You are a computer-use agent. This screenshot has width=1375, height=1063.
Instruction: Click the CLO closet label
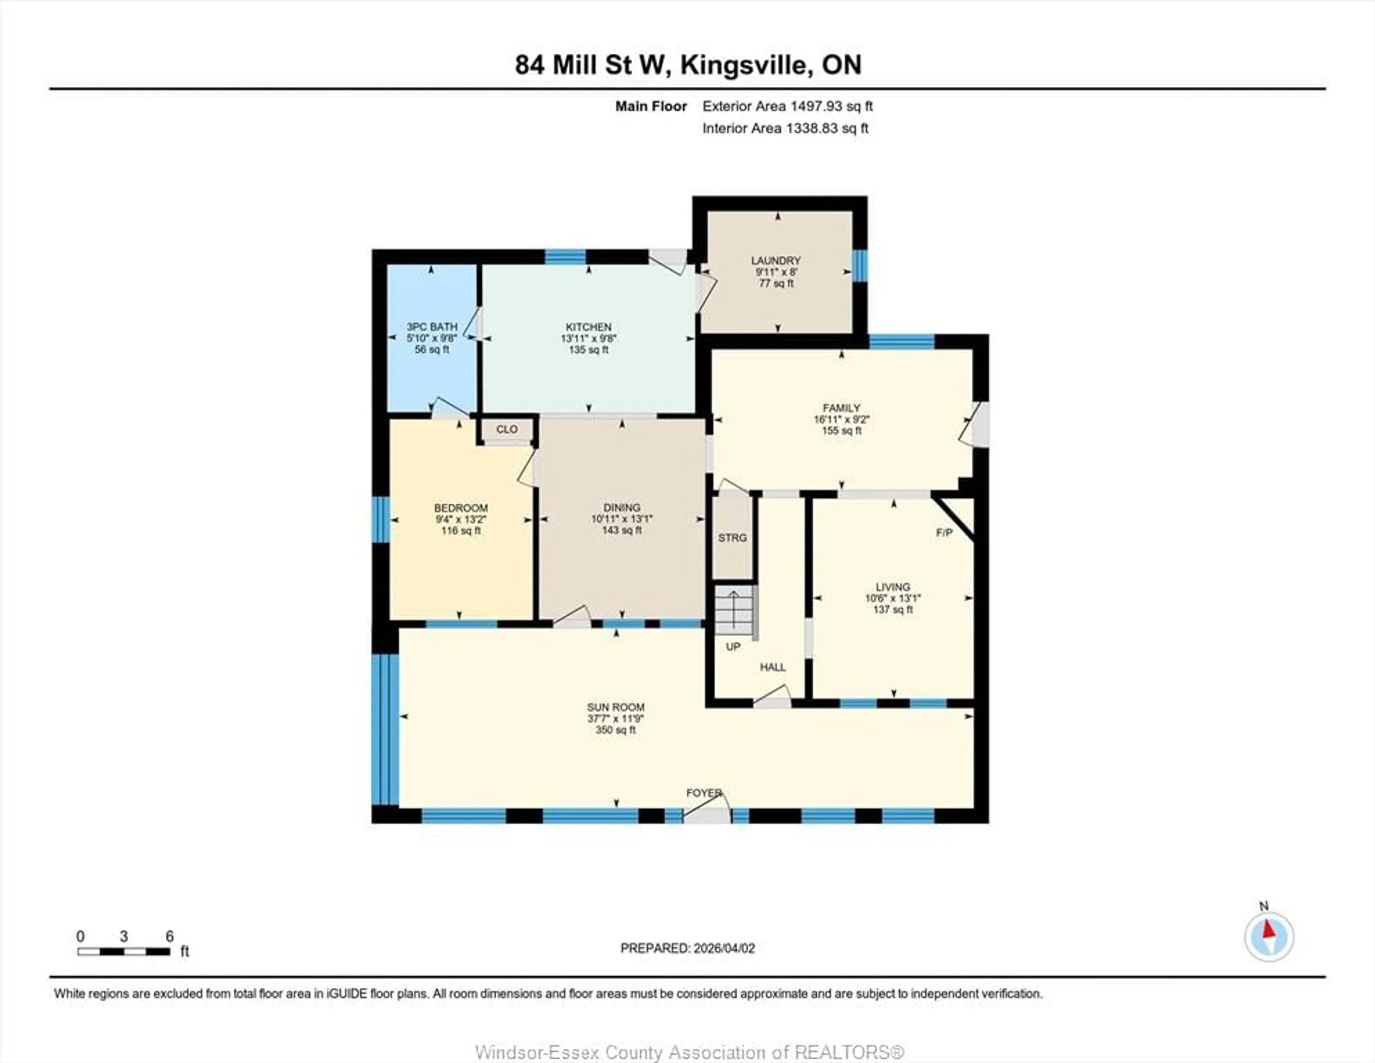pos(506,429)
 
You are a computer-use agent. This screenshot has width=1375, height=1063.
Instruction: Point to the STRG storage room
pos(732,538)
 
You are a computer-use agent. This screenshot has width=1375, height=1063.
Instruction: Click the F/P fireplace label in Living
pos(944,533)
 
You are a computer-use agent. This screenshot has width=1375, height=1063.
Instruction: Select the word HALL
pos(772,667)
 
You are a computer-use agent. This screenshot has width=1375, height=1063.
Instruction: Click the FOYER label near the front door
pos(703,793)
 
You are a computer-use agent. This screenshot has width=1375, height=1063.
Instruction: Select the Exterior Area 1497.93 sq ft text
pos(787,106)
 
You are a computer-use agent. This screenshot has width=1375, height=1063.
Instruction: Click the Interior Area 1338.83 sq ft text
pos(785,128)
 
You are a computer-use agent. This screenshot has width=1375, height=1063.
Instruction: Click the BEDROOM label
pos(461,508)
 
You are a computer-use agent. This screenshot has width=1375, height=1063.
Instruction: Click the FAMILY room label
pos(841,408)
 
